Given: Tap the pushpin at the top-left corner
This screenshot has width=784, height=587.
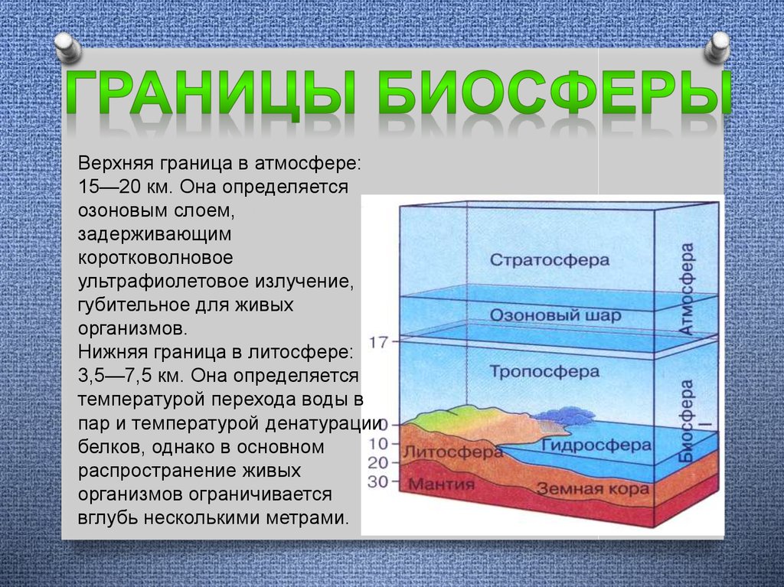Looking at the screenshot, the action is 68,47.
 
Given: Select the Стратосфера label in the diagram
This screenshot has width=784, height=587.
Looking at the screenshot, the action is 550,260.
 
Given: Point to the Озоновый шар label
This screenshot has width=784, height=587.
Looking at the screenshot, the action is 555,315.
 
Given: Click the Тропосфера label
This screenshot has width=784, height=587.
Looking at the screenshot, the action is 544,371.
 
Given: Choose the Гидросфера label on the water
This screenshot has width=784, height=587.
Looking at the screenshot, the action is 596,445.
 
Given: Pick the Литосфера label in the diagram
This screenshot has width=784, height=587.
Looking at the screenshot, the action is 452,452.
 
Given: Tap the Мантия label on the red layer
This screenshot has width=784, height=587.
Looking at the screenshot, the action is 441,484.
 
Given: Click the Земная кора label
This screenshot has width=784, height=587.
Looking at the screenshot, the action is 593,488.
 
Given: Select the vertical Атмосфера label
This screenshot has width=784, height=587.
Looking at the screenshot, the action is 687,289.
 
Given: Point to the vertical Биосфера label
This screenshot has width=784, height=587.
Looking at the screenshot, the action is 687,421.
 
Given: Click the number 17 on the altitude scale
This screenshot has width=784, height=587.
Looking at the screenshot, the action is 378,342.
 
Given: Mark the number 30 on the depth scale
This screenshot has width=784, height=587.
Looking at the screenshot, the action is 377,481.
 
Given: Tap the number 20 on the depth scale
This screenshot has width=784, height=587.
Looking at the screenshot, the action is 377,462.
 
